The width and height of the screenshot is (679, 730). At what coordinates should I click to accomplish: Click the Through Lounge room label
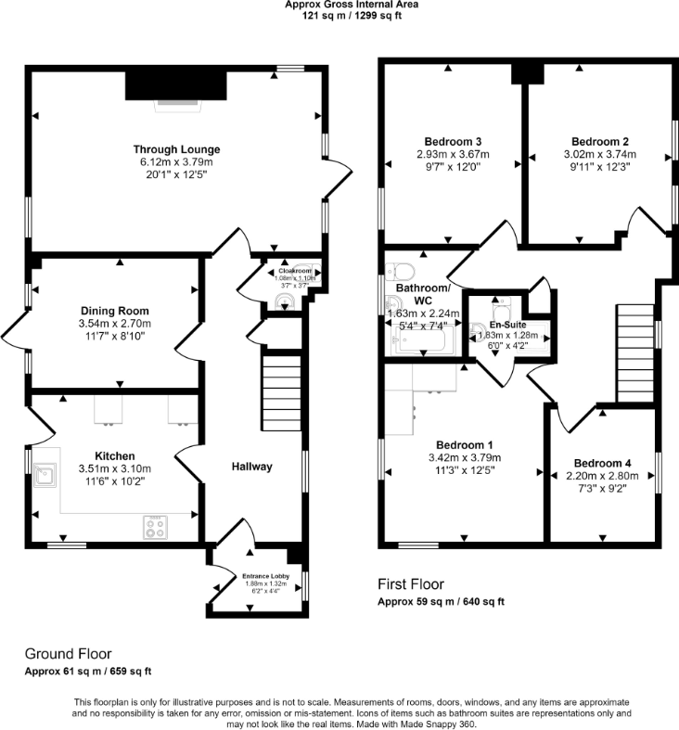coord(176,149)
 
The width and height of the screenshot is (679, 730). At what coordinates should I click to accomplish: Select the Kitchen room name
coord(114,455)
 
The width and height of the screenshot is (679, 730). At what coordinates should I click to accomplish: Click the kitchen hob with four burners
coord(154,528)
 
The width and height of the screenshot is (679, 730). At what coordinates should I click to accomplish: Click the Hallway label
coord(251,467)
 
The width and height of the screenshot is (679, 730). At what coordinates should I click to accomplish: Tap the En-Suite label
coord(509,325)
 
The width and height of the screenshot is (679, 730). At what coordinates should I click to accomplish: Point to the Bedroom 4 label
coord(602,463)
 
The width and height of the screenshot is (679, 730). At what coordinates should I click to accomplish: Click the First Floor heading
coord(410,584)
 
